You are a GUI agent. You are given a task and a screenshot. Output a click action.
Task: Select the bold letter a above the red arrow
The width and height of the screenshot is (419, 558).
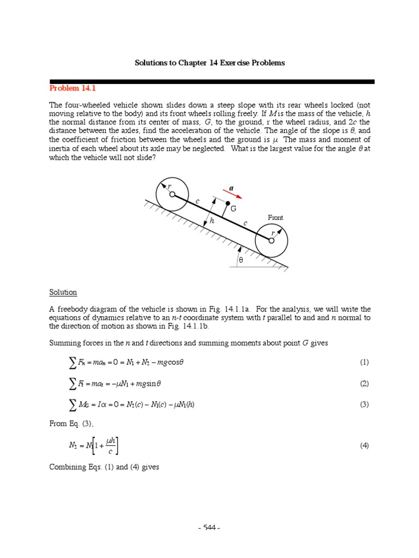point(231,188)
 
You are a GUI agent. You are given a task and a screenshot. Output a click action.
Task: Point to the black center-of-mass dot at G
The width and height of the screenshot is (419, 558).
point(228,203)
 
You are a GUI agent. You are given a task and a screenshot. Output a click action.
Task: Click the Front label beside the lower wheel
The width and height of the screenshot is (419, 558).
point(276,217)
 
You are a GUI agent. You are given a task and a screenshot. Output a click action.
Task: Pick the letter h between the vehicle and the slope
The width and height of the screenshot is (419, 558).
point(212,221)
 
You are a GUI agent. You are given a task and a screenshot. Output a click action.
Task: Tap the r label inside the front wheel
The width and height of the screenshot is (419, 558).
point(273,233)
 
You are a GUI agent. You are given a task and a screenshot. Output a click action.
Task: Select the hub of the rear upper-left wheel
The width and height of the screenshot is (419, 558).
point(171,193)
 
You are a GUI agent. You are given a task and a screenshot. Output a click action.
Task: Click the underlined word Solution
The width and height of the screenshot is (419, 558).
point(63,292)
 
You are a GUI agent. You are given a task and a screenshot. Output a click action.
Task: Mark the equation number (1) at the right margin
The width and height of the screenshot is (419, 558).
point(364,362)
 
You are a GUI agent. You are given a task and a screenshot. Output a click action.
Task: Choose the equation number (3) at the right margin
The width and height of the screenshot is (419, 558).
point(364,404)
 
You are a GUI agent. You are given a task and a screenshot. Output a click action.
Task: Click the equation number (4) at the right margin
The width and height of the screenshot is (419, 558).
point(364,445)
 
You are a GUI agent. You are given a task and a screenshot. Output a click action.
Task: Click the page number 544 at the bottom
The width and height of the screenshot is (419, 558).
point(209,527)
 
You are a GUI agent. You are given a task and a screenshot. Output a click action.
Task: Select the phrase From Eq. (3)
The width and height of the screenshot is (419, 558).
point(68,425)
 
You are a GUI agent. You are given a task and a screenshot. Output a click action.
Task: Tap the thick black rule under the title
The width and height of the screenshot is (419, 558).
point(212,82)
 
